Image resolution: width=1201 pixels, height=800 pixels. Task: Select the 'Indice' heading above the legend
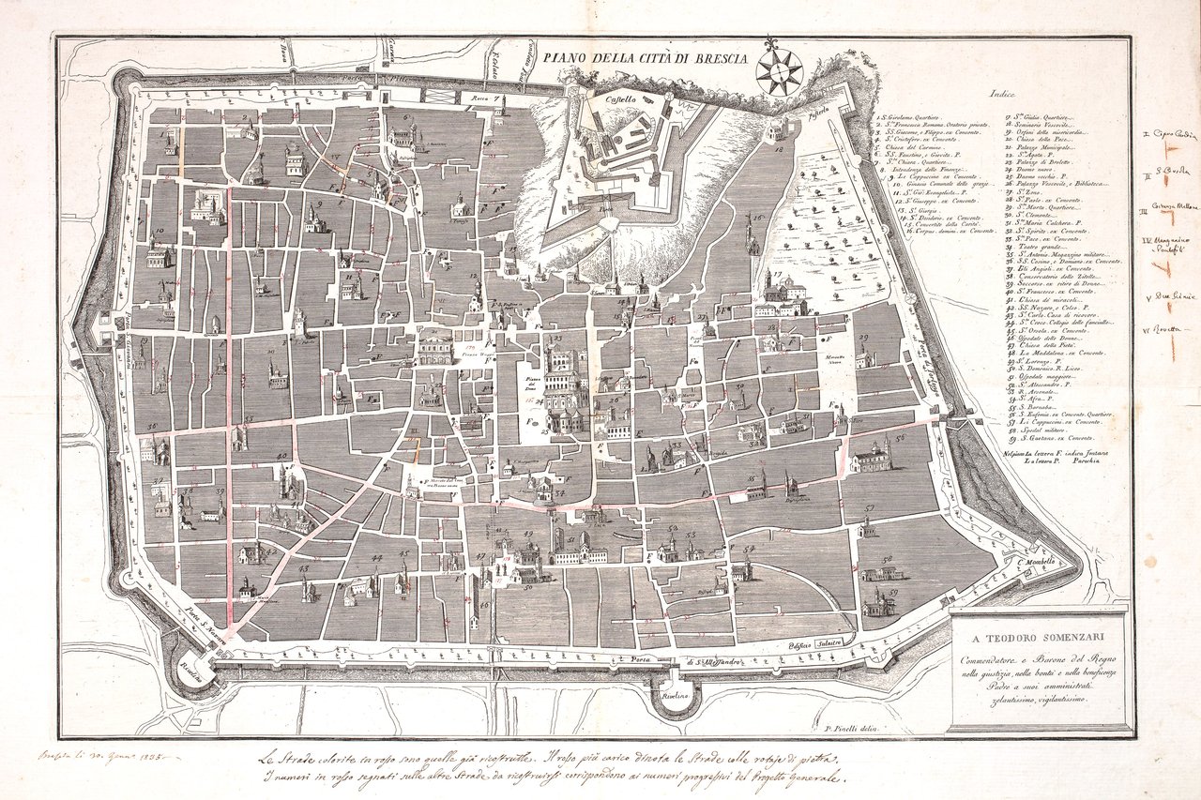pyautogui.click(x=1005, y=93)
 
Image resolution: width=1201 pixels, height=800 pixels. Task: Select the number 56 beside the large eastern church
pyautogui.click(x=899, y=438)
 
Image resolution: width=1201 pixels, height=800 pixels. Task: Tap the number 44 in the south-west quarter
pyautogui.click(x=376, y=558)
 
